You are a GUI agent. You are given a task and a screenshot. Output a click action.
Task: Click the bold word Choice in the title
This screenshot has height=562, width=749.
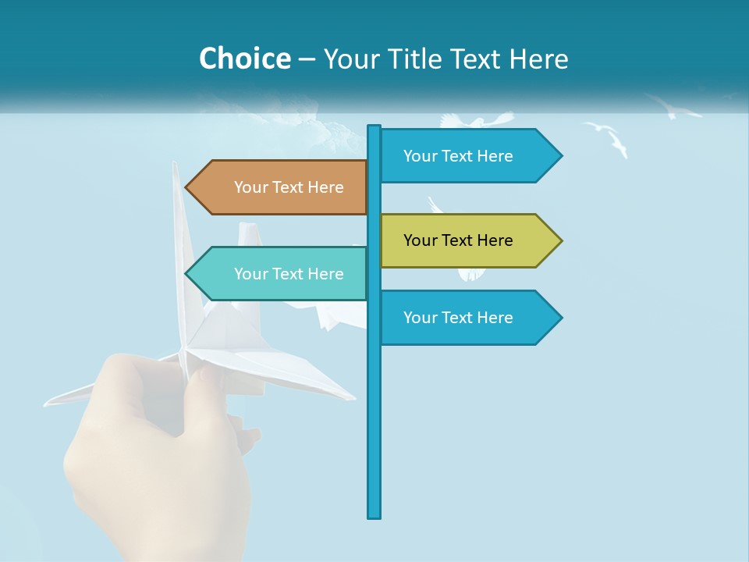tap(244, 59)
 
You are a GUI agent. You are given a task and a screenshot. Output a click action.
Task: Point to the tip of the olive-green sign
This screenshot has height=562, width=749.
tap(560, 240)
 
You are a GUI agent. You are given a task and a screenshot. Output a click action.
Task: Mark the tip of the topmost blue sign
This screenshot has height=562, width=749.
tap(560, 156)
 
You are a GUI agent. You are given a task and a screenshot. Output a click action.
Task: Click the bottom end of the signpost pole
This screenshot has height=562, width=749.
tap(374, 515)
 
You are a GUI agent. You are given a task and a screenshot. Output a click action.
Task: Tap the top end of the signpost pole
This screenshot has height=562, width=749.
tap(374, 127)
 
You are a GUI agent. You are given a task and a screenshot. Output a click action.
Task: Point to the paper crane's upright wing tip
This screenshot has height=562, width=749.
tap(176, 165)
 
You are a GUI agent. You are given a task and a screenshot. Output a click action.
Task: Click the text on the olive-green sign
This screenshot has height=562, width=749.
tap(458, 240)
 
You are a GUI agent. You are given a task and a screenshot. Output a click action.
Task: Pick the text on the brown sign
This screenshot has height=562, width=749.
tap(289, 187)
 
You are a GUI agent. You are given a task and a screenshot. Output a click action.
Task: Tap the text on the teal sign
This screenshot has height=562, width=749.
tap(289, 274)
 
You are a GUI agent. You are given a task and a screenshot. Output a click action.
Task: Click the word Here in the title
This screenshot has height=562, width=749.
tap(538, 59)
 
